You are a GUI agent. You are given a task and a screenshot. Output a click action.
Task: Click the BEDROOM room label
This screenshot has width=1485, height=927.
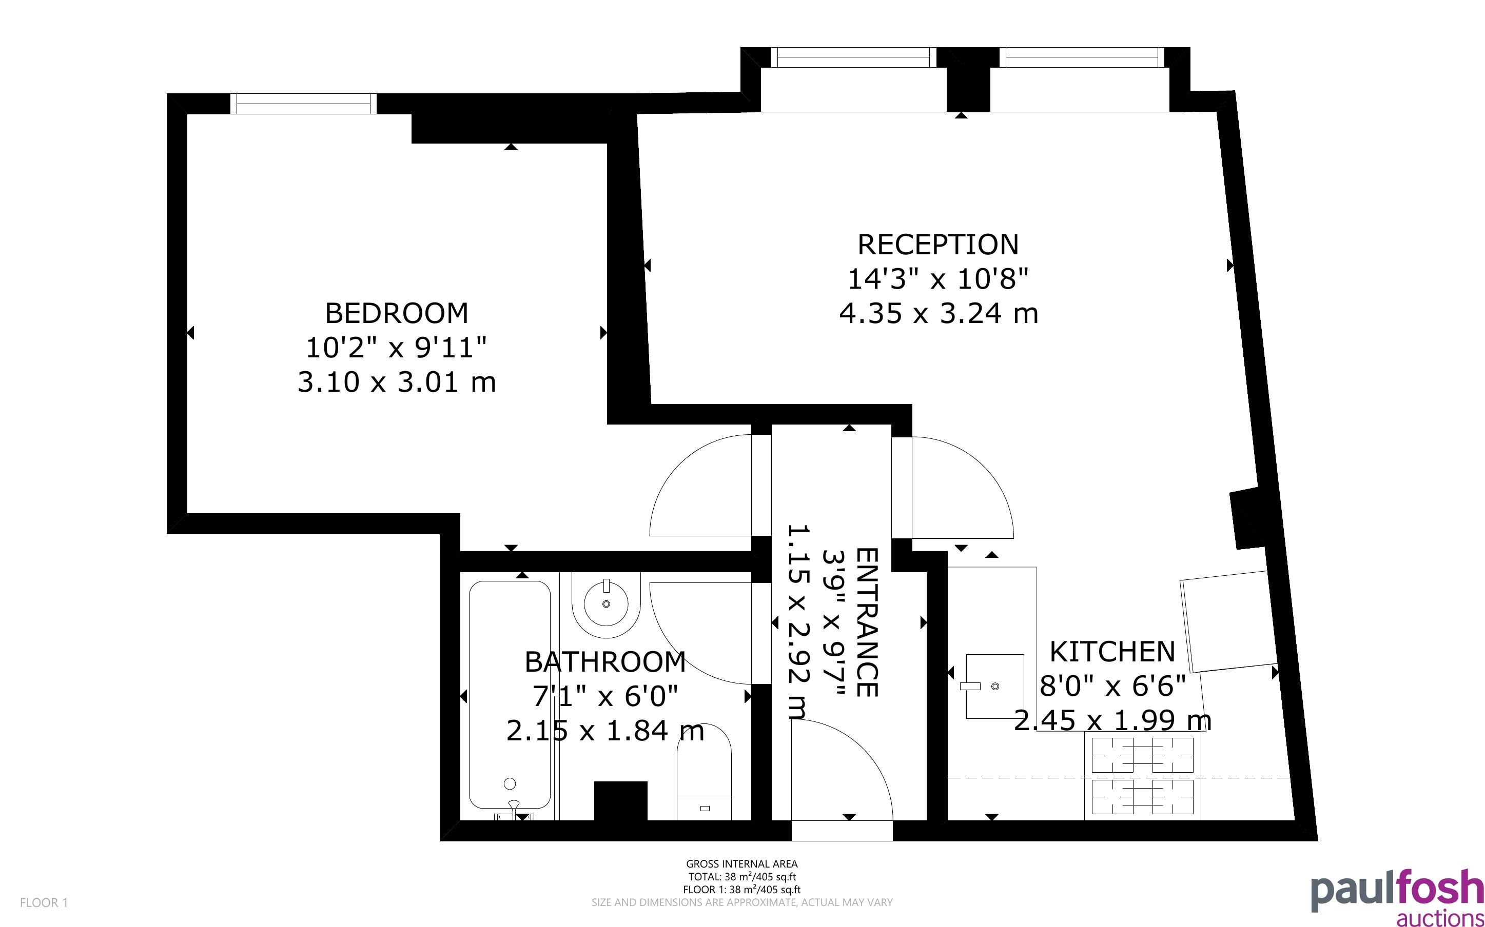(x=396, y=313)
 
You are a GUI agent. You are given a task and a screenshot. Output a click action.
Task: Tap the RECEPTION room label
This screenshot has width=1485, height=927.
(x=938, y=245)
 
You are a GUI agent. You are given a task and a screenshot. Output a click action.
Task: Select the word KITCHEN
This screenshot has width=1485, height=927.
(x=1112, y=652)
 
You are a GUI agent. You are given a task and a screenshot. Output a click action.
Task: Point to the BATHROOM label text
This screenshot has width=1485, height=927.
(x=605, y=662)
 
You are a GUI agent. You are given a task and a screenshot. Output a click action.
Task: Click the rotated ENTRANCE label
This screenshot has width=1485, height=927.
(x=867, y=622)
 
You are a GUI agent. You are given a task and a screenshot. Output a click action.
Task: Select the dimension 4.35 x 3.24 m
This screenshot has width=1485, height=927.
(x=939, y=314)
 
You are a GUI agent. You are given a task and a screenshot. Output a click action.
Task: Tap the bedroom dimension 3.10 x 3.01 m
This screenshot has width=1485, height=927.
(x=397, y=382)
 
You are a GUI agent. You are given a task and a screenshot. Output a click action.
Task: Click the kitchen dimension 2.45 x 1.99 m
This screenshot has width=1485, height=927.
(x=1112, y=720)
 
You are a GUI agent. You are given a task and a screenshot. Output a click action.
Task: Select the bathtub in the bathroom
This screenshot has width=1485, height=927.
(x=510, y=695)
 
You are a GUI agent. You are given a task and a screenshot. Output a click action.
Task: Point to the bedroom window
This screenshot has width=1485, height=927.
(x=304, y=104)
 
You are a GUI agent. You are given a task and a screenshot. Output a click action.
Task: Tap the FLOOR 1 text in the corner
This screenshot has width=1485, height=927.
(x=44, y=902)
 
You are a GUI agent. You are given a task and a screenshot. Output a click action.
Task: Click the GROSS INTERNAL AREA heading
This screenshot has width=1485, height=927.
(x=741, y=864)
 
